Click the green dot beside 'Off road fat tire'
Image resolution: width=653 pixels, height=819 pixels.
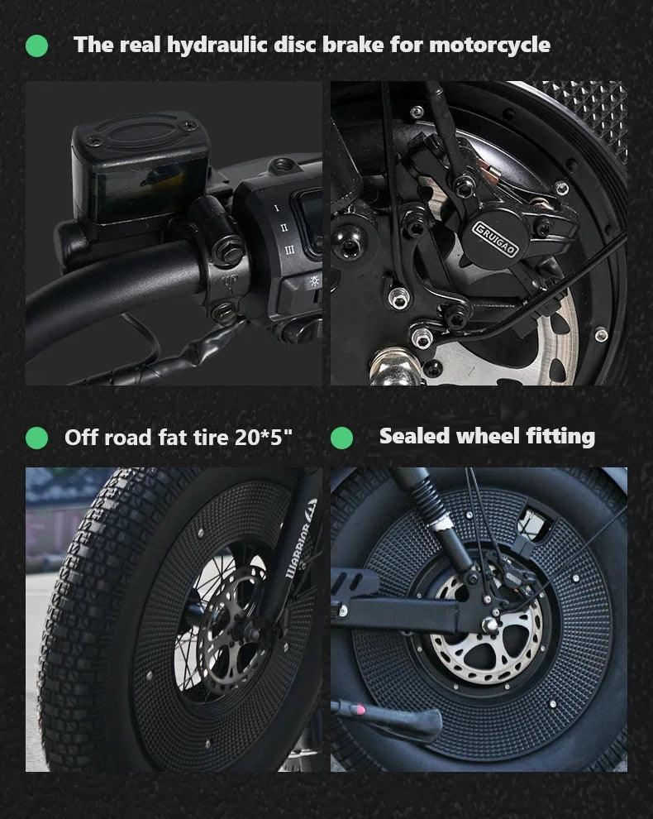pos(36,438)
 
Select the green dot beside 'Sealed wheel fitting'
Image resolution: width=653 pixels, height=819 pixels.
pos(342,438)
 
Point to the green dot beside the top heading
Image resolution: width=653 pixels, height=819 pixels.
pos(36,46)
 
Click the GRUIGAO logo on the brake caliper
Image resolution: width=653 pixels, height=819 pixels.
pos(495,239)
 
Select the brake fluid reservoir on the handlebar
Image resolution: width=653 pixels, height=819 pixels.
pos(140,167)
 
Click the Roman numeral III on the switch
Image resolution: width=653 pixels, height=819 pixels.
pos(289,250)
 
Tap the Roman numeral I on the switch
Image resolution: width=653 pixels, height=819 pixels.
pos(277,208)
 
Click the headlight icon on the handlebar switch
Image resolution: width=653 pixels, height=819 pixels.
pos(314,281)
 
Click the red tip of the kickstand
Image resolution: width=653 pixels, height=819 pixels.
pos(359,709)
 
